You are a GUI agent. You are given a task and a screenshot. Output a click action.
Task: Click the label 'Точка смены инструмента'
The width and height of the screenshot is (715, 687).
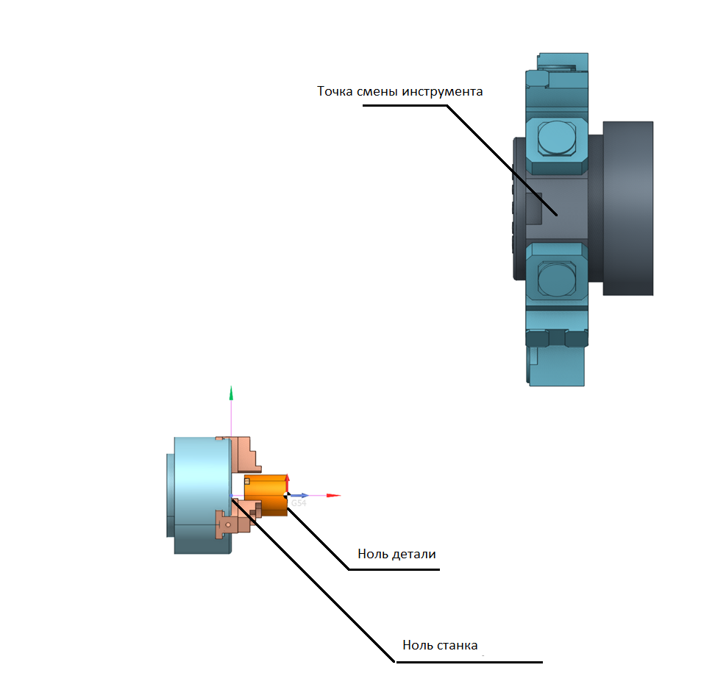click(x=399, y=92)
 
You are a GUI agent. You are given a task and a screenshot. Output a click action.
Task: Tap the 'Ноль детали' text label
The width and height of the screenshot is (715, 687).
click(x=397, y=553)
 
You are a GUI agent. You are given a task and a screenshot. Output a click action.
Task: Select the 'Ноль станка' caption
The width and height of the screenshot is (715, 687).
click(x=440, y=646)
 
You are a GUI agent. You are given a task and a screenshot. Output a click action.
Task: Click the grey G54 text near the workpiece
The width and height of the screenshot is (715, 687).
click(x=298, y=503)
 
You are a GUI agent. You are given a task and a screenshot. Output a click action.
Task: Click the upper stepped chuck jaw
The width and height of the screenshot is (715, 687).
click(x=245, y=453)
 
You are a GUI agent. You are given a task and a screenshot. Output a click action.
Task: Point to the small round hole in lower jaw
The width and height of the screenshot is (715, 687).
click(x=229, y=524)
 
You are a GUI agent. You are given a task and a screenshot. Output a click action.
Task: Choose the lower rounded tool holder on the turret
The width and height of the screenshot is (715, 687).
click(x=557, y=280)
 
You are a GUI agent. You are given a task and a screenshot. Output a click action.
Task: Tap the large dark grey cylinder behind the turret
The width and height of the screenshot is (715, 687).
click(x=628, y=207)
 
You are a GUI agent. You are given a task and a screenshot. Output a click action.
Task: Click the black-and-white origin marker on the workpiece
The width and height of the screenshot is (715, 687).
click(x=286, y=494)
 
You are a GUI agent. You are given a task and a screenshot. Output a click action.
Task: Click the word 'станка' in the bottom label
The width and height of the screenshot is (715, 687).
click(x=458, y=646)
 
